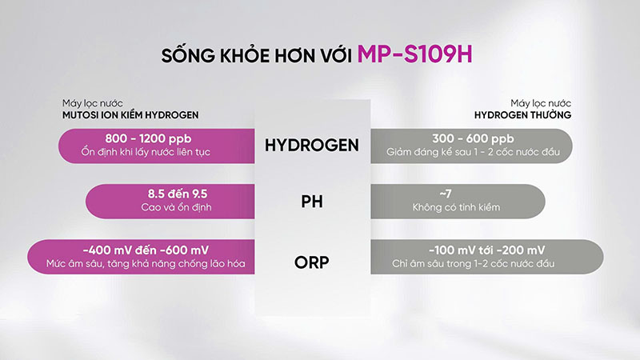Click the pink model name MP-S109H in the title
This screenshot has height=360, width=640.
pos(414,54)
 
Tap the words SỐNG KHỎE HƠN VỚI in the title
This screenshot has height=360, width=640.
pos(256,55)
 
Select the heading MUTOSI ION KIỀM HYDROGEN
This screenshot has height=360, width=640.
pos(130,115)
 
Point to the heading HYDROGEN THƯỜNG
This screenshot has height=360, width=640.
pos(522,115)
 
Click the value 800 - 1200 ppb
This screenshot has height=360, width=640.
pos(148,138)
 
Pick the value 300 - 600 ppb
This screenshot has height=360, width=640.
pos(473,138)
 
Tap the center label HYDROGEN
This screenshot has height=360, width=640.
pos(312,146)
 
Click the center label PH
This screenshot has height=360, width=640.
pos(312,202)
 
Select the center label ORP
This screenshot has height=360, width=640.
pos(312,262)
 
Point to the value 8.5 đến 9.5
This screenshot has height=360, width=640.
pos(178,194)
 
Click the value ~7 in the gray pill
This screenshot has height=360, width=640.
pos(446,194)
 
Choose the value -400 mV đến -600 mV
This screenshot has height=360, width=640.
pos(146,250)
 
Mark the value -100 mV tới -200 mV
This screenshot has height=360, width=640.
pos(487,250)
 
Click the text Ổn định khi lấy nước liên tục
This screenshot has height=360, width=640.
pos(146,152)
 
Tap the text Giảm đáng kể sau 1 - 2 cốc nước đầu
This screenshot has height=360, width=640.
pos(473,152)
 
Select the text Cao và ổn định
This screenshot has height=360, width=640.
pos(176,207)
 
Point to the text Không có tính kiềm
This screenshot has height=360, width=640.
pos(456,207)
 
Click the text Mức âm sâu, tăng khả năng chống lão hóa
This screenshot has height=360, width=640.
pos(146,264)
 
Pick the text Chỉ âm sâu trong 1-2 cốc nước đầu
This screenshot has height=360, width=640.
pos(474,264)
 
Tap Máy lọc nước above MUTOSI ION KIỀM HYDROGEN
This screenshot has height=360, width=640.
pos(93,103)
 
